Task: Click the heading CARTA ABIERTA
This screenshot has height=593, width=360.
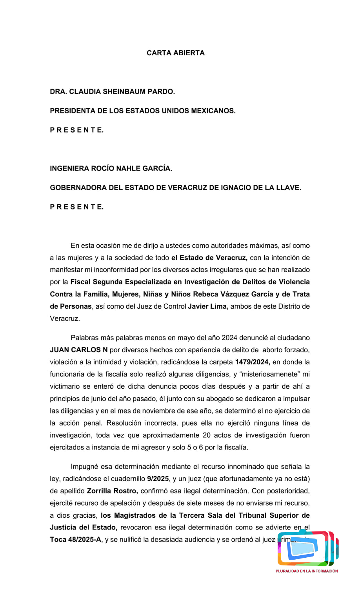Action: [175, 53]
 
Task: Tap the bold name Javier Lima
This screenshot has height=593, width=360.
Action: [208, 306]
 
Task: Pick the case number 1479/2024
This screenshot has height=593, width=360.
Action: [252, 362]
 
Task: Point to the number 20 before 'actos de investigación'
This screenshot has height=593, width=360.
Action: [207, 435]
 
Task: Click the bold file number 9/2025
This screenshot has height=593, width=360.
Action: [158, 478]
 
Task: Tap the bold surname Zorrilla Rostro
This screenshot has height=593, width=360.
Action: [112, 491]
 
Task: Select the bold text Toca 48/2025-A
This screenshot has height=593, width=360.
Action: [75, 539]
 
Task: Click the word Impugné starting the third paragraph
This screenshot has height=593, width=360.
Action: [84, 466]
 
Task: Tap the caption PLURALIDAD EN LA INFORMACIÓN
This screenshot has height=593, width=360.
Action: [307, 571]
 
